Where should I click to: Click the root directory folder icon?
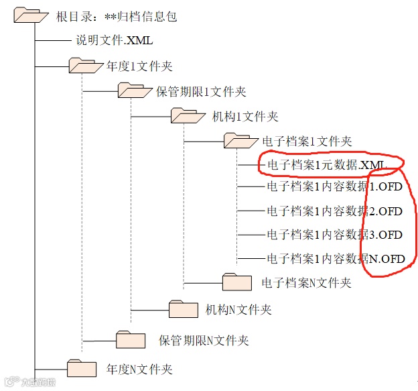pyautogui.click(x=31, y=15)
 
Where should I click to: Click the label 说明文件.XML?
pyautogui.click(x=114, y=40)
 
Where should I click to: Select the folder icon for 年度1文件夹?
pyautogui.click(x=82, y=65)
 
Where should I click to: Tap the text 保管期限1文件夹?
pyautogui.click(x=201, y=91)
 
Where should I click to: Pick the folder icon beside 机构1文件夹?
pyautogui.click(x=186, y=115)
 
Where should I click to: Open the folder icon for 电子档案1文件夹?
pyautogui.click(x=239, y=140)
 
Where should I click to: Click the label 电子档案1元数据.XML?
pyautogui.click(x=327, y=164)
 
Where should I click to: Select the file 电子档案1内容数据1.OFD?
pyautogui.click(x=334, y=186)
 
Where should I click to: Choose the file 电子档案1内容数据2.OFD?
pyautogui.click(x=334, y=211)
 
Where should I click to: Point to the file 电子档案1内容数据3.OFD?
pyautogui.click(x=334, y=235)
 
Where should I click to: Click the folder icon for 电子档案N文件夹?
pyautogui.click(x=236, y=282)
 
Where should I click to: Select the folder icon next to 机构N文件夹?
pyautogui.click(x=184, y=309)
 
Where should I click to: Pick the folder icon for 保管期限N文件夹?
pyautogui.click(x=130, y=339)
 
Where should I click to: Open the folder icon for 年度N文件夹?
pyautogui.click(x=82, y=368)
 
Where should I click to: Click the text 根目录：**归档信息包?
pyautogui.click(x=117, y=16)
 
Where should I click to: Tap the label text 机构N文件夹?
pyautogui.click(x=238, y=309)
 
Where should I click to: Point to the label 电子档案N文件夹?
pyautogui.click(x=305, y=283)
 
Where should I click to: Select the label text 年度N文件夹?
pyautogui.click(x=139, y=368)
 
